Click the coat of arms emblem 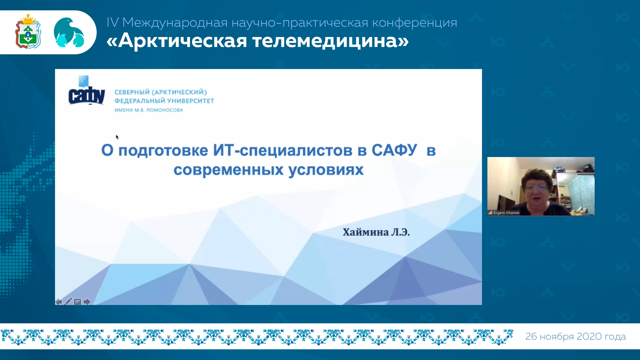[x=28, y=32]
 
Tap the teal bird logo [x=69, y=32]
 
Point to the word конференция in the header [x=414, y=23]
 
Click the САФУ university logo [x=87, y=90]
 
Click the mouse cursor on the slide [x=117, y=137]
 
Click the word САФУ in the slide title [x=394, y=150]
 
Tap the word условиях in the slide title [x=326, y=170]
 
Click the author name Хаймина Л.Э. [x=376, y=232]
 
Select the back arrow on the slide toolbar [x=59, y=302]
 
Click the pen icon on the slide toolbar [x=68, y=301]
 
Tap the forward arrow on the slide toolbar [x=87, y=302]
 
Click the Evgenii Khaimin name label [x=506, y=213]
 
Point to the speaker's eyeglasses [x=536, y=188]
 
